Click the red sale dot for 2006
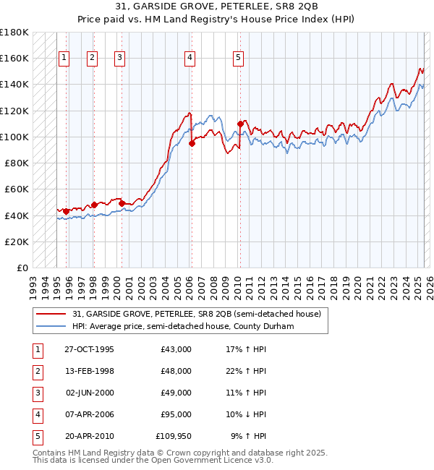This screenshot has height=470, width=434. [192, 143]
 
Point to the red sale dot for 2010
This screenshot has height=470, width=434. [241, 124]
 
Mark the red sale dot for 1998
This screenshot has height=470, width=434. [94, 205]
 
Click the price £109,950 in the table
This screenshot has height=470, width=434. [174, 436]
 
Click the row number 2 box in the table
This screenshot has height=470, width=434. [37, 371]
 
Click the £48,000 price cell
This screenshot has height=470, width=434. [176, 371]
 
